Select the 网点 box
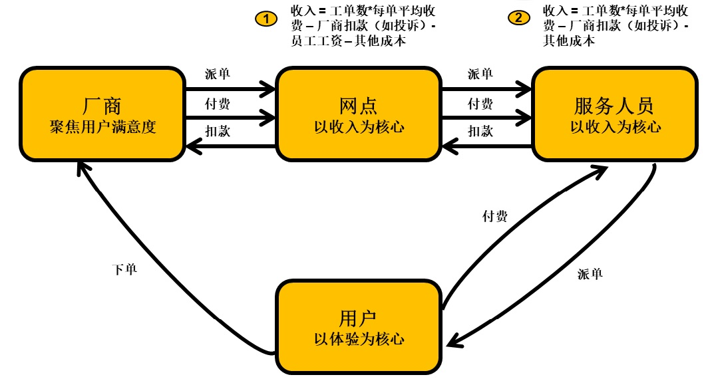359,114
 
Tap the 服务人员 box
615,114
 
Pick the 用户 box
359,326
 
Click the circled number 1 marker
266,19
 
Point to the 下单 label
124,269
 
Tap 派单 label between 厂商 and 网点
218,74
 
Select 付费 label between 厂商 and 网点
218,103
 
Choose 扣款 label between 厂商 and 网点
218,131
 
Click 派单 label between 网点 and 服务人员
480,74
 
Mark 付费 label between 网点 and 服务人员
480,103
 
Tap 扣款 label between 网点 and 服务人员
480,131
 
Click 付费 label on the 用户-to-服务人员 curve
494,216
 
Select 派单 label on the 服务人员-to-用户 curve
590,273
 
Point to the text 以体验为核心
359,338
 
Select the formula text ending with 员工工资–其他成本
363,26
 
